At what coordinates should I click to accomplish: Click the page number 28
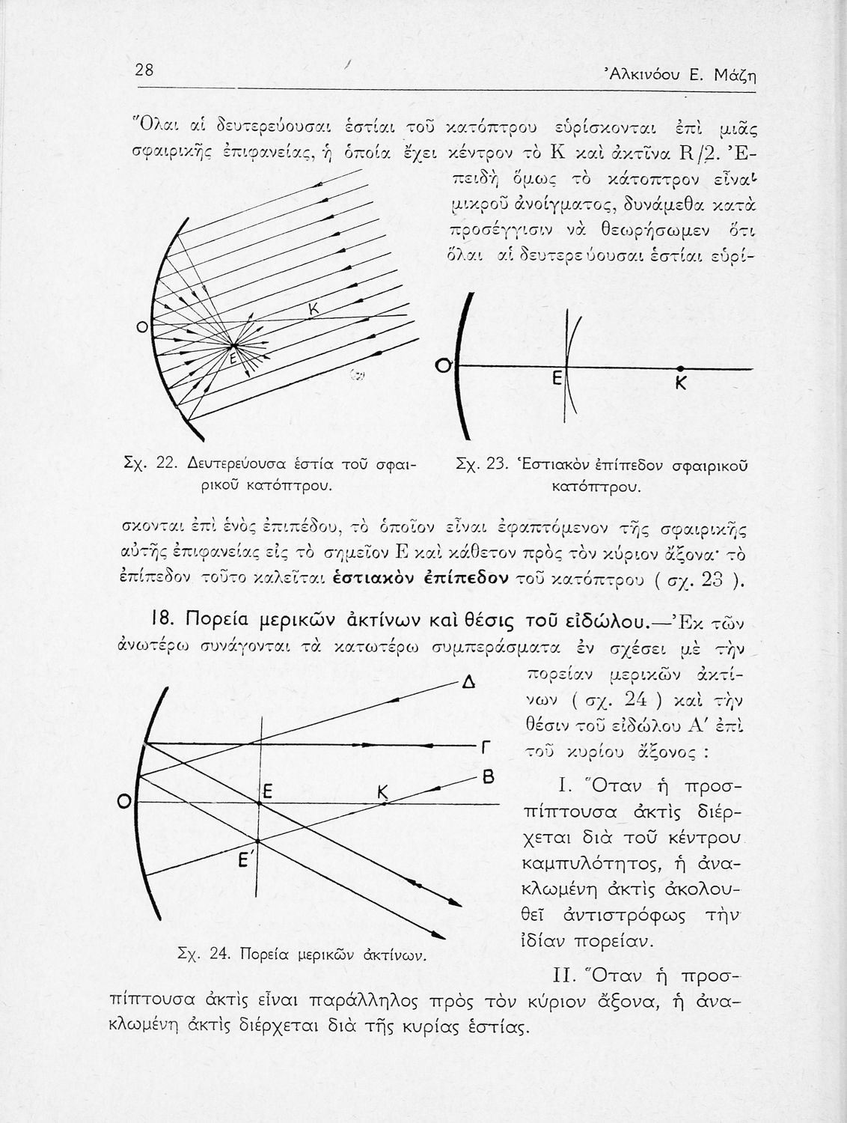(x=144, y=70)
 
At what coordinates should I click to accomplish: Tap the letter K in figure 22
(x=314, y=310)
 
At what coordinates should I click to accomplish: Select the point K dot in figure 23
(x=680, y=368)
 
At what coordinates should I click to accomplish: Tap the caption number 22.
(x=165, y=466)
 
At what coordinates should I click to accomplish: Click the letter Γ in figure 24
(x=487, y=747)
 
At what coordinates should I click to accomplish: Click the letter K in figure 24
(x=384, y=792)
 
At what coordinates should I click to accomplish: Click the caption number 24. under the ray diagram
(x=218, y=955)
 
